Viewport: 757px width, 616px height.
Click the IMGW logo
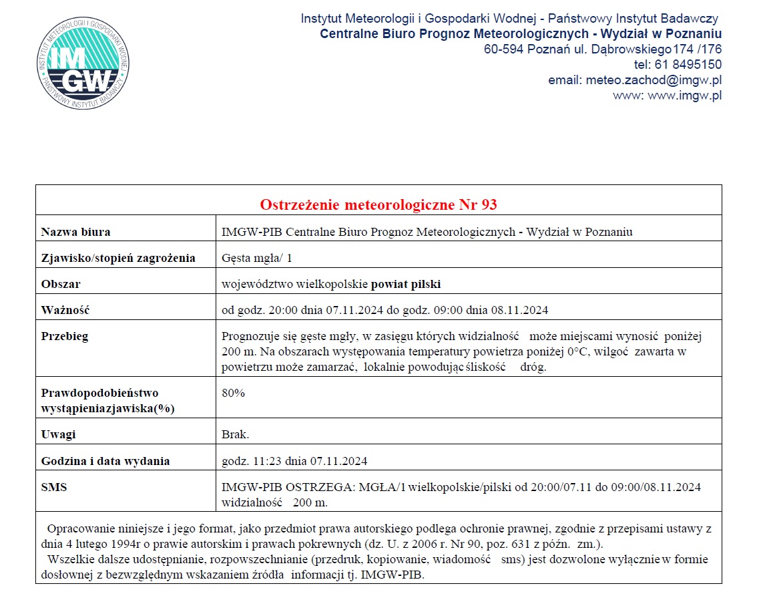point(83,65)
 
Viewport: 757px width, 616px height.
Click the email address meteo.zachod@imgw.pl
point(654,80)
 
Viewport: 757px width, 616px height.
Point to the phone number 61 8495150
point(687,65)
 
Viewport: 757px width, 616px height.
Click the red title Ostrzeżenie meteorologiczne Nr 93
point(378,204)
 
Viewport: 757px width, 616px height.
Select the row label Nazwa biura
point(76,232)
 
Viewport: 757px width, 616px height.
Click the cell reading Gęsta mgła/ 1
point(256,258)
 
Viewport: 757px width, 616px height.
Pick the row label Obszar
point(61,284)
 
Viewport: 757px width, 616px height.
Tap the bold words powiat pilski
point(406,284)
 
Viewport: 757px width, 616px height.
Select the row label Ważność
point(65,310)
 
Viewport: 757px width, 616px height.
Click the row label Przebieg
point(65,336)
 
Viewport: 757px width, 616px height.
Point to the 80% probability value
point(233,393)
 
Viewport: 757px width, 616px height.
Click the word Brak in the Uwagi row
point(235,434)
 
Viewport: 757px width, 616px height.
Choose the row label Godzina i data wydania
point(105,461)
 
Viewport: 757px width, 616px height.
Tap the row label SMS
point(54,487)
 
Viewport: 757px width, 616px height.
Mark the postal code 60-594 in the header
point(503,49)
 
